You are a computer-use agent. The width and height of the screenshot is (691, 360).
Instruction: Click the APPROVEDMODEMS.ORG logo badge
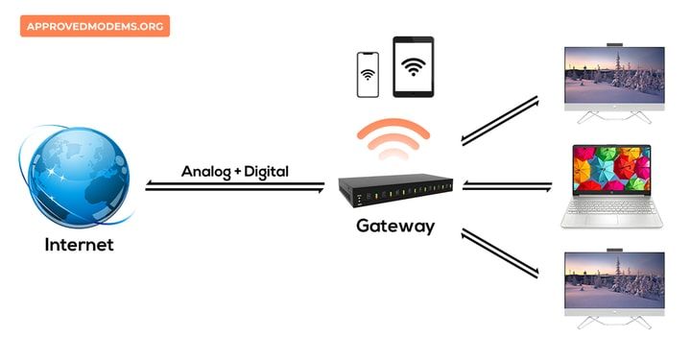pyautogui.click(x=94, y=26)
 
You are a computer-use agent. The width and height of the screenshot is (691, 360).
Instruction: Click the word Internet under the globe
pyautogui.click(x=79, y=245)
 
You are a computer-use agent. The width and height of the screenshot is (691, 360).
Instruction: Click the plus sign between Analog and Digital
pyautogui.click(x=237, y=172)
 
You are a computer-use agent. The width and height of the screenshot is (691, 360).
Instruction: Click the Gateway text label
pyautogui.click(x=395, y=227)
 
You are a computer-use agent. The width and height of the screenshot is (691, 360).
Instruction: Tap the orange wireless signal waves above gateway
pyautogui.click(x=393, y=139)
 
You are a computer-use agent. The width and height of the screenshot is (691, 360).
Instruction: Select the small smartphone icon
pyautogui.click(x=368, y=74)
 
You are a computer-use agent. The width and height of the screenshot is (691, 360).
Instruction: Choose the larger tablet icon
pyautogui.click(x=413, y=66)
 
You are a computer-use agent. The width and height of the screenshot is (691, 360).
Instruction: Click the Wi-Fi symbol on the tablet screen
pyautogui.click(x=413, y=67)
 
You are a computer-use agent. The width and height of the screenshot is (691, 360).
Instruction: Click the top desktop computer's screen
pyautogui.click(x=614, y=76)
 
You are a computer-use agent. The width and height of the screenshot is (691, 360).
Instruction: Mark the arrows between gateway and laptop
pyautogui.click(x=507, y=186)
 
